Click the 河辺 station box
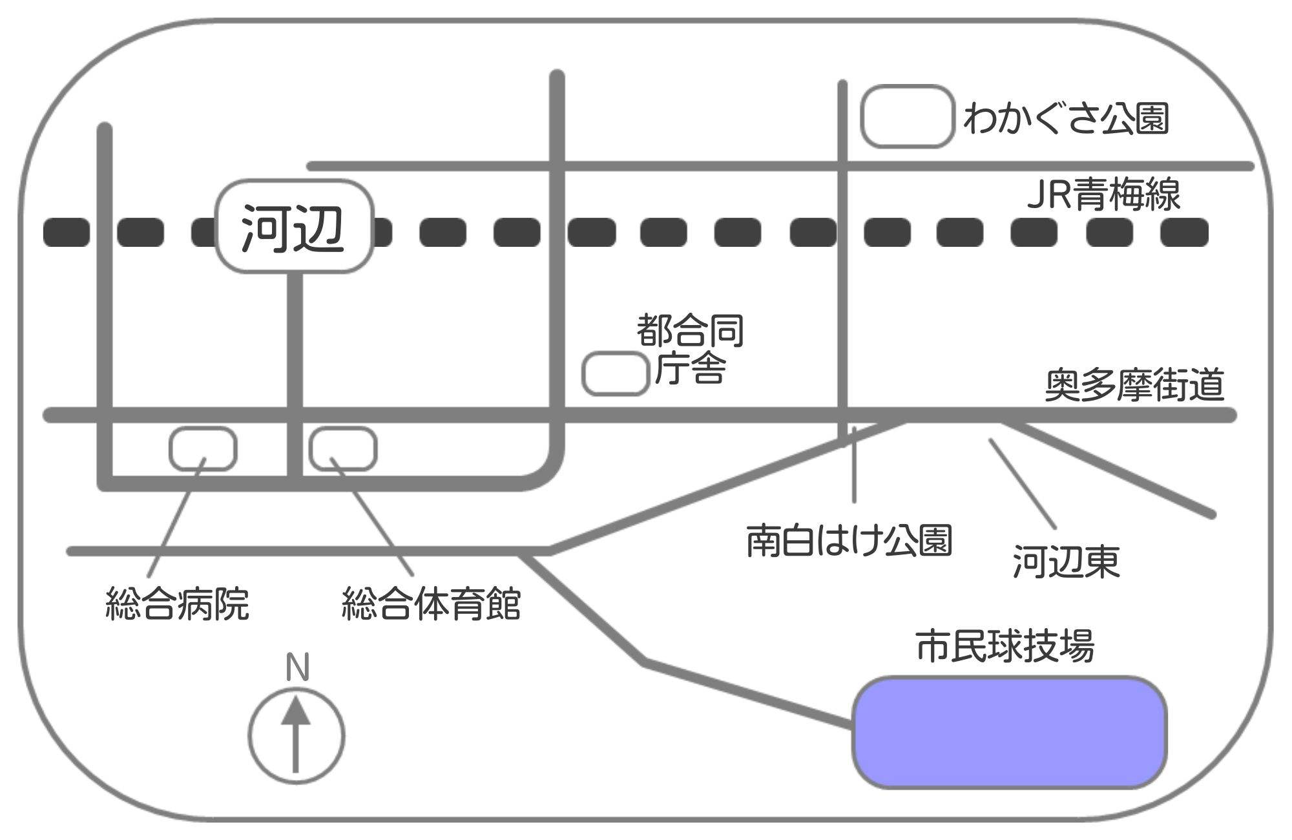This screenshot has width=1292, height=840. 294,226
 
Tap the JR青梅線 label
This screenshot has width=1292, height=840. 1103,194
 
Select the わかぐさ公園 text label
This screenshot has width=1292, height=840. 1066,120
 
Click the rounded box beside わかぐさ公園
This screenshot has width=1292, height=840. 908,117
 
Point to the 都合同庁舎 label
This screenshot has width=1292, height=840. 691,349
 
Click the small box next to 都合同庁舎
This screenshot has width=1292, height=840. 615,374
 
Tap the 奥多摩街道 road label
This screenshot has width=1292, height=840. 1134,385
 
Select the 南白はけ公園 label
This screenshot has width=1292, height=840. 849,541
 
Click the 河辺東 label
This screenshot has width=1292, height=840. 1066,562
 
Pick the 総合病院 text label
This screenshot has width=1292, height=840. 177,604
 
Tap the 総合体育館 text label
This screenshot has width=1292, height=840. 431,604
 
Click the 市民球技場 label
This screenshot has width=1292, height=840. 1005,646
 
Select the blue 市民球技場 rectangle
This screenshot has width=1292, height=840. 1009,733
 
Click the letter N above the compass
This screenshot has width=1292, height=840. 297,668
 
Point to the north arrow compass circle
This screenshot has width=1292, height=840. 297,736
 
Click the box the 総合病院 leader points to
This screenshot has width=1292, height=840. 203,448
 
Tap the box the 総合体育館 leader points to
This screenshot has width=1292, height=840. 343,448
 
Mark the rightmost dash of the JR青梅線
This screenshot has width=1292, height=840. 1184,233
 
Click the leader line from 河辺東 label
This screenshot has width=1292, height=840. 1022,483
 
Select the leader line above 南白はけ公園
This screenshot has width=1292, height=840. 854,465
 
